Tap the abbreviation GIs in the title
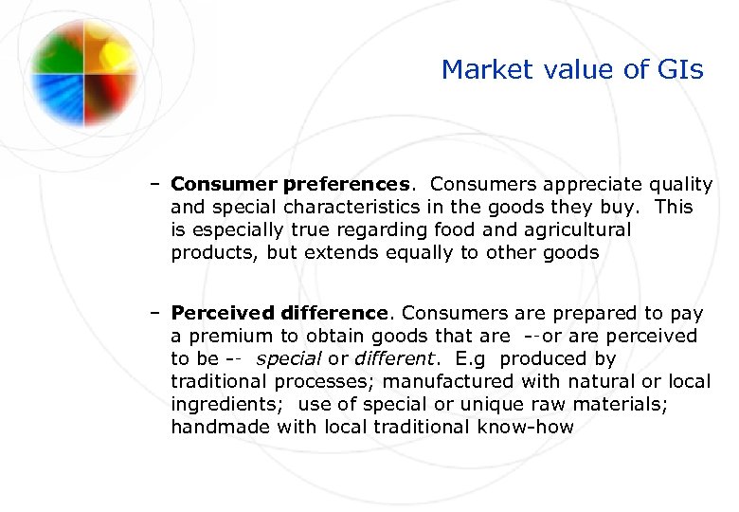[679, 70]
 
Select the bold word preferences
[347, 184]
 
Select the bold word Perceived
[224, 313]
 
